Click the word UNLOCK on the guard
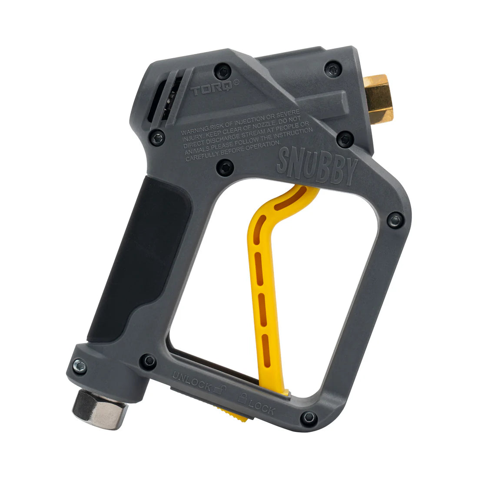tap(192, 380)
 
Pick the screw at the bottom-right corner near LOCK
tap(309, 418)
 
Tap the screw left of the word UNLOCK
tap(149, 360)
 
